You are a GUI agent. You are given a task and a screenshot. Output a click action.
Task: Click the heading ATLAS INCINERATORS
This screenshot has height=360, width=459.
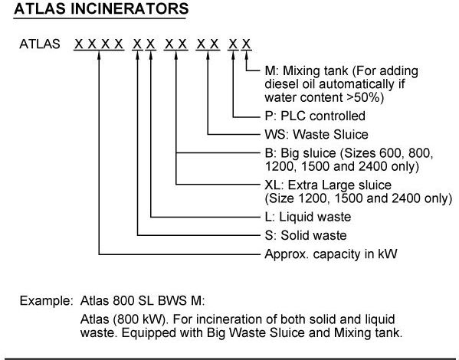tap(101, 8)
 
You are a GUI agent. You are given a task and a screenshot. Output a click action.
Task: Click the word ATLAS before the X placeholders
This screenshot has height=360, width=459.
tap(40, 44)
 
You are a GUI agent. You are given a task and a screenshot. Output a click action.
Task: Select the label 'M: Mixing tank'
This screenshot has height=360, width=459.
tap(307, 70)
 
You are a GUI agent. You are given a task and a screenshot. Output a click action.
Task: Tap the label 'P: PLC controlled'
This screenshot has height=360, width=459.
tap(315, 116)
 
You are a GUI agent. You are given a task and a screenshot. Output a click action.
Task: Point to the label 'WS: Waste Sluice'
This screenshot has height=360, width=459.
tap(316, 134)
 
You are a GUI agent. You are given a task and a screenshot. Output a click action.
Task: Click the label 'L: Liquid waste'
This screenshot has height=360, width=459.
tap(307, 217)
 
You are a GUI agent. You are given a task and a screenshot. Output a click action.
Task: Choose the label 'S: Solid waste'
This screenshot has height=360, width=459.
tap(306, 235)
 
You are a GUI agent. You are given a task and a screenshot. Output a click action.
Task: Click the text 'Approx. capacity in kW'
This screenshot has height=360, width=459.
tap(331, 254)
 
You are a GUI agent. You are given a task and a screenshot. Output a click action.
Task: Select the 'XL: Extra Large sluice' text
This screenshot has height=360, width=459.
tap(328, 185)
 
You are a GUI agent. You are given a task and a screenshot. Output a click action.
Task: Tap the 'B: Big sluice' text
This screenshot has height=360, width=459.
tap(300, 153)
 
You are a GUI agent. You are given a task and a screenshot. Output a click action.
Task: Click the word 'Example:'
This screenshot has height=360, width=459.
tap(46, 301)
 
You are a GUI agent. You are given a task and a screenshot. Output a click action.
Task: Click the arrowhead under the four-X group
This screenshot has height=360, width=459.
tap(99, 55)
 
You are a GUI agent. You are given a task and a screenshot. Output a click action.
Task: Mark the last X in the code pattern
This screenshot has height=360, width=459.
tap(246, 44)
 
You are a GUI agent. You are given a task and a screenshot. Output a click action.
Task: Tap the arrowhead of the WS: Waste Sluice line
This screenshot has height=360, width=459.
tap(208, 55)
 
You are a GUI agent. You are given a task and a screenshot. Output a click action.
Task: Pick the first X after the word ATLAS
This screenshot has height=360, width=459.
tap(78, 44)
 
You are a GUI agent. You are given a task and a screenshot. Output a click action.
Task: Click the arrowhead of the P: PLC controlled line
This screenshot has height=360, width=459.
tap(233, 55)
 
